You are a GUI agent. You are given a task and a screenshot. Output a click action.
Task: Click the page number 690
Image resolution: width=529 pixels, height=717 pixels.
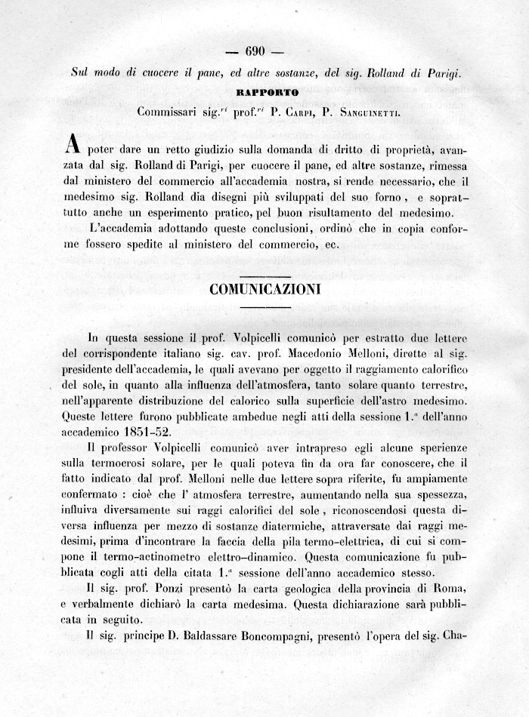[255, 52]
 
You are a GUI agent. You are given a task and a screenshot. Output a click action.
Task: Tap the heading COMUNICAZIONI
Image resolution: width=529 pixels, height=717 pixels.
[264, 289]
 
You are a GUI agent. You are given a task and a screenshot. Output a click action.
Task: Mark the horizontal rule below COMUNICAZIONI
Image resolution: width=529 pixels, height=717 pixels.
[264, 307]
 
